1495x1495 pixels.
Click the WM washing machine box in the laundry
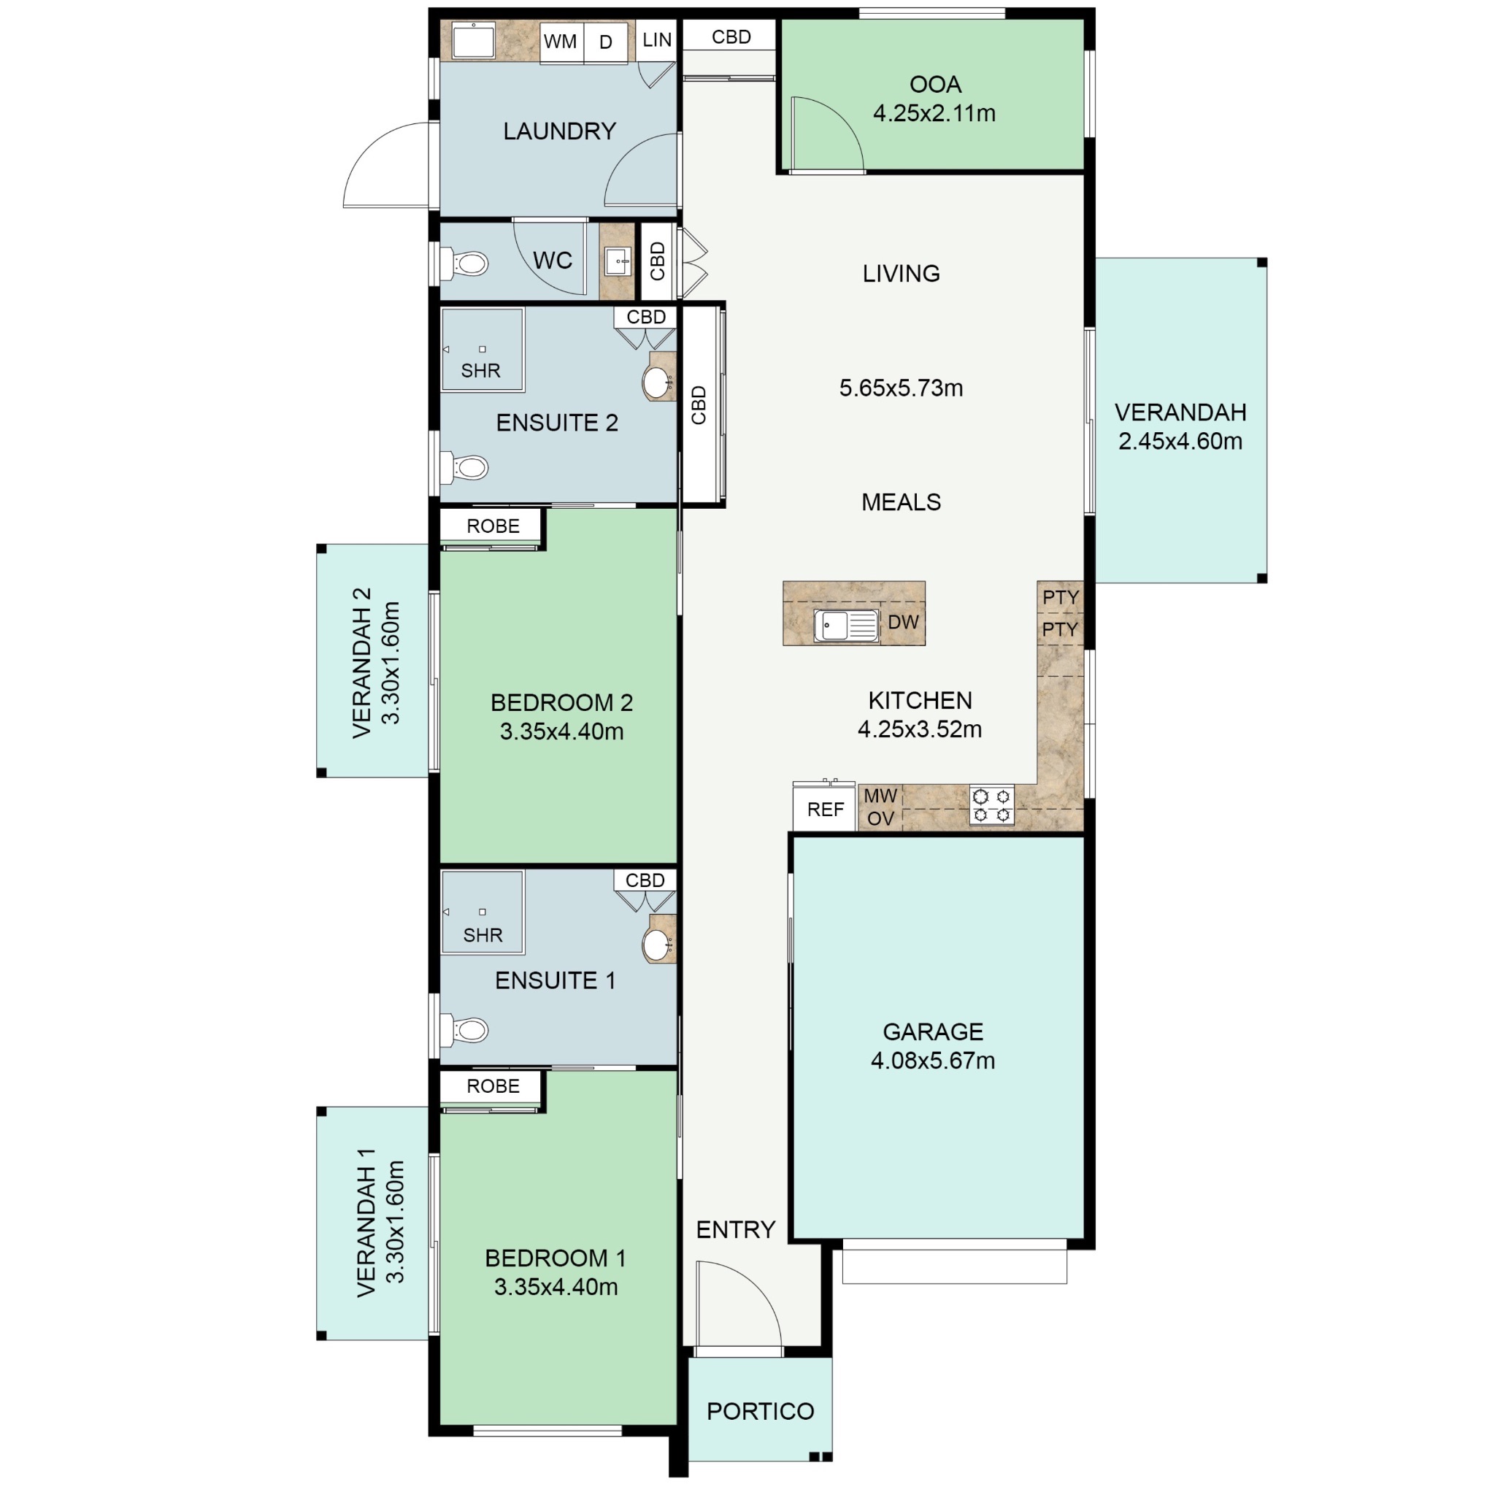point(560,42)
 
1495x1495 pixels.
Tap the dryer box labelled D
point(606,42)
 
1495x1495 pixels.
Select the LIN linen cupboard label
point(657,40)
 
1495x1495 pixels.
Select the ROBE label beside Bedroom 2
point(493,526)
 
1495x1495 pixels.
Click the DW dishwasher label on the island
point(903,622)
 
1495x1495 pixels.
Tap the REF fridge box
point(825,810)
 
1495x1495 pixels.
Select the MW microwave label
point(880,796)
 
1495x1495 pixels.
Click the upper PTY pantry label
point(1060,597)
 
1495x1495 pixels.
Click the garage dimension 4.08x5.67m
point(932,1060)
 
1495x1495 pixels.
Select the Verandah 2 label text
point(362,663)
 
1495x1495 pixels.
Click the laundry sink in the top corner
point(474,40)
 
